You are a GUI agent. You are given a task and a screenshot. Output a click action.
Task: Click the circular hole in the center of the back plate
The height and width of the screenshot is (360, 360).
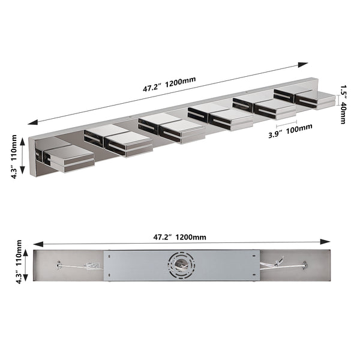(x=181, y=265)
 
